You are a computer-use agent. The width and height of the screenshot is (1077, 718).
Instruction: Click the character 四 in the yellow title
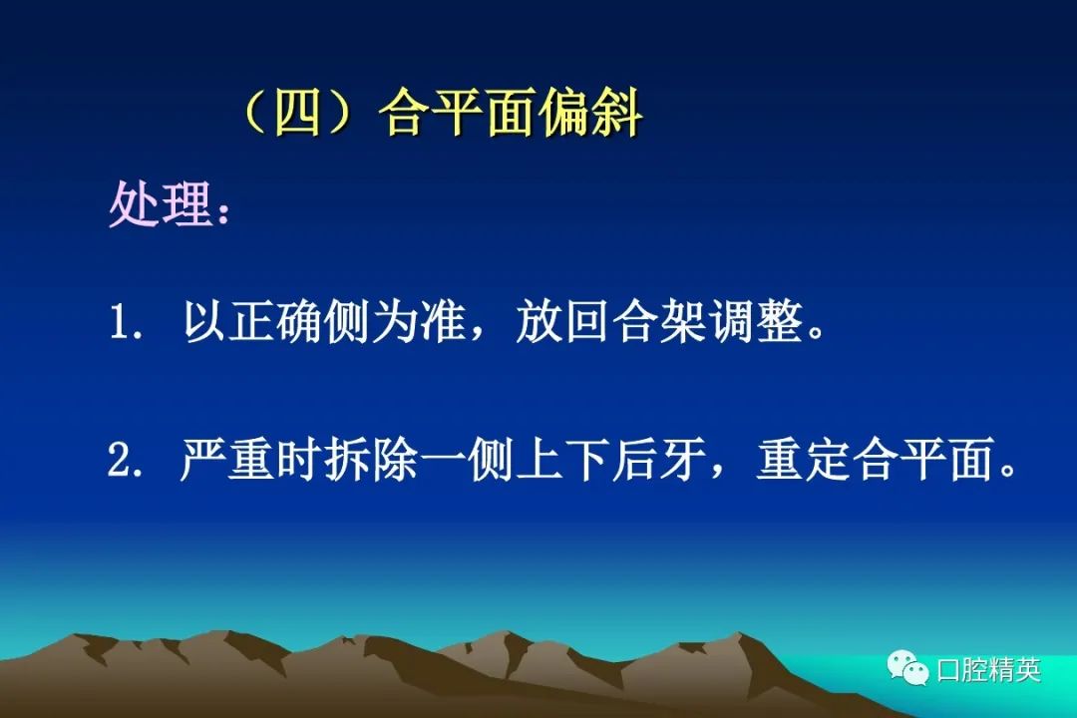click(x=298, y=114)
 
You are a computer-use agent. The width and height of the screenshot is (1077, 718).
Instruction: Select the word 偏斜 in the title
click(x=591, y=114)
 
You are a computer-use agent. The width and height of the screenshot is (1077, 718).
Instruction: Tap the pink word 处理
click(x=160, y=203)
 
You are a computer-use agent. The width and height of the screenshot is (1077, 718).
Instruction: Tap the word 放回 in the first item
click(x=561, y=321)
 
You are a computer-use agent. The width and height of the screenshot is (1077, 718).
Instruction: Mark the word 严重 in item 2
click(x=226, y=459)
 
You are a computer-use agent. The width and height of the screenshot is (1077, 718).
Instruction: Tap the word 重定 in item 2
click(x=802, y=459)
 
